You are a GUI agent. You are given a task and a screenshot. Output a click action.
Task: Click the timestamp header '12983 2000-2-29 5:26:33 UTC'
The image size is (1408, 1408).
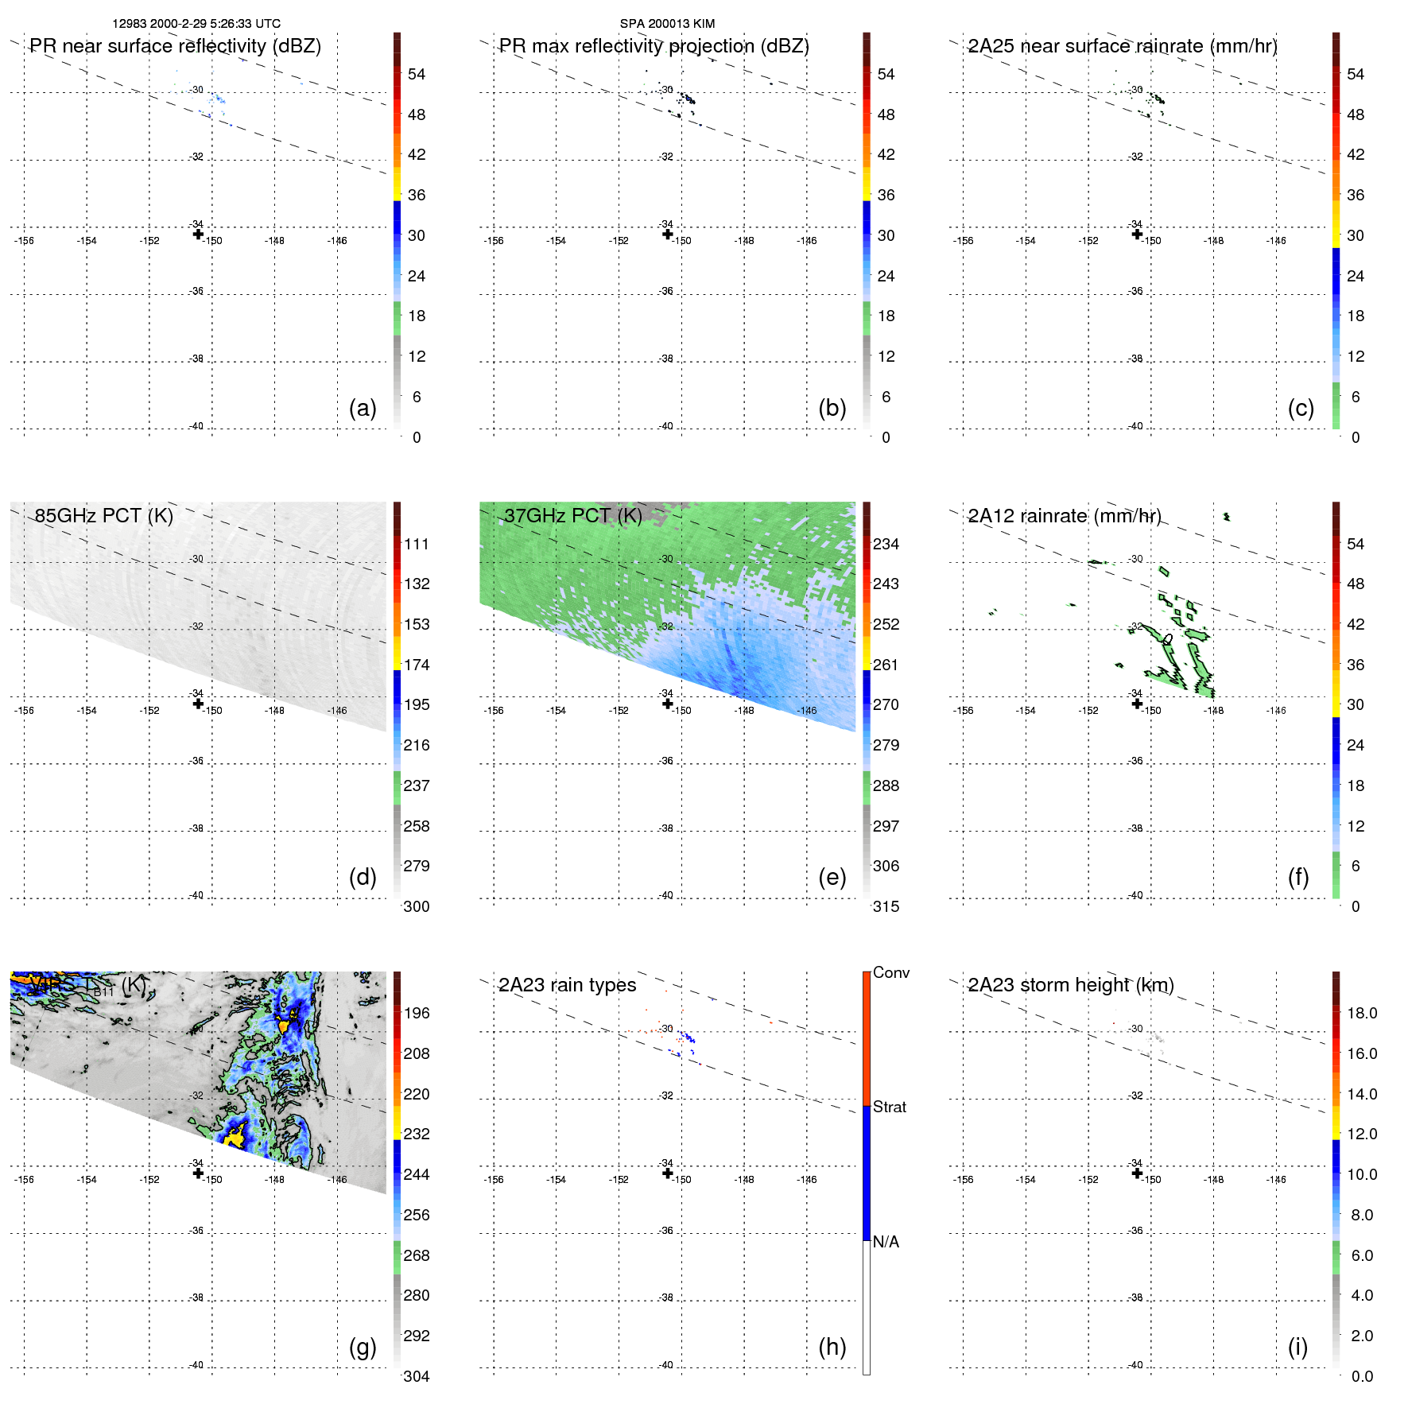[196, 24]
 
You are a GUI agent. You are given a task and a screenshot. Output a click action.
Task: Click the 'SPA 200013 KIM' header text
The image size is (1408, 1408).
[667, 24]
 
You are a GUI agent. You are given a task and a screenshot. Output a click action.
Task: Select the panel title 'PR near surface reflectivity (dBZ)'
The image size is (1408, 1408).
[176, 46]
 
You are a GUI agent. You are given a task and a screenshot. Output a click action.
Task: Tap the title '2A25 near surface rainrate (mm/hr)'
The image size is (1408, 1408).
[1123, 46]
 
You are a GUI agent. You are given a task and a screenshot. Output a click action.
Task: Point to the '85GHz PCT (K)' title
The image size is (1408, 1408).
[104, 516]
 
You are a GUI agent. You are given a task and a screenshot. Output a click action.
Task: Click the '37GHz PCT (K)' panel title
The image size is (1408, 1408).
[573, 516]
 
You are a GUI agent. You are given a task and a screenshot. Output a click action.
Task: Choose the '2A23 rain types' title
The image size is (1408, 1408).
[568, 985]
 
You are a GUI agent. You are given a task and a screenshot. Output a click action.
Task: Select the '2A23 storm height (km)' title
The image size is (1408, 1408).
[1071, 985]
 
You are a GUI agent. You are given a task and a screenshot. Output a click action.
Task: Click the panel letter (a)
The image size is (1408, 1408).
[363, 409]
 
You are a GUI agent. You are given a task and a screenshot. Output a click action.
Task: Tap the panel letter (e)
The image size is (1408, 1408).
[832, 878]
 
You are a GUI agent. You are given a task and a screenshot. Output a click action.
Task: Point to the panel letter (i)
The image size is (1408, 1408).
[1297, 1347]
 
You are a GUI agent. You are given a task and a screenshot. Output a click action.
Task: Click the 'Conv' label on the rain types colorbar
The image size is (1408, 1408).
[891, 972]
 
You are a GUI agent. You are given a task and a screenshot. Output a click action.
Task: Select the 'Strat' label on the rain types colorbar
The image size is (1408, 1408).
[890, 1107]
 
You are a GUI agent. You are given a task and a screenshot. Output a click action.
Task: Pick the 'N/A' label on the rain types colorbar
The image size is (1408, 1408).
[886, 1242]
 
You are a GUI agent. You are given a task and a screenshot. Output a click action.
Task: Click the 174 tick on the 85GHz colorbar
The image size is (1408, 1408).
[417, 665]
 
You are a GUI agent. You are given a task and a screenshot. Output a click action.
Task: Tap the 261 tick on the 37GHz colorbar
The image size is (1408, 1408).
[886, 665]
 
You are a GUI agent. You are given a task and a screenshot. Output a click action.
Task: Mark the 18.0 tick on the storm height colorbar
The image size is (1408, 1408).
[1362, 1013]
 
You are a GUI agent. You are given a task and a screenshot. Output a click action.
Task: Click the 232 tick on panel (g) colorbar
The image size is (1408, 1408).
[417, 1134]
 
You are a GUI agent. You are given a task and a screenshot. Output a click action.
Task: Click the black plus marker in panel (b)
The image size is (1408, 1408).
[668, 234]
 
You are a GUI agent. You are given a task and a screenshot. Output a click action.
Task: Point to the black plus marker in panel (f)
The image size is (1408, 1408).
[1137, 704]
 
